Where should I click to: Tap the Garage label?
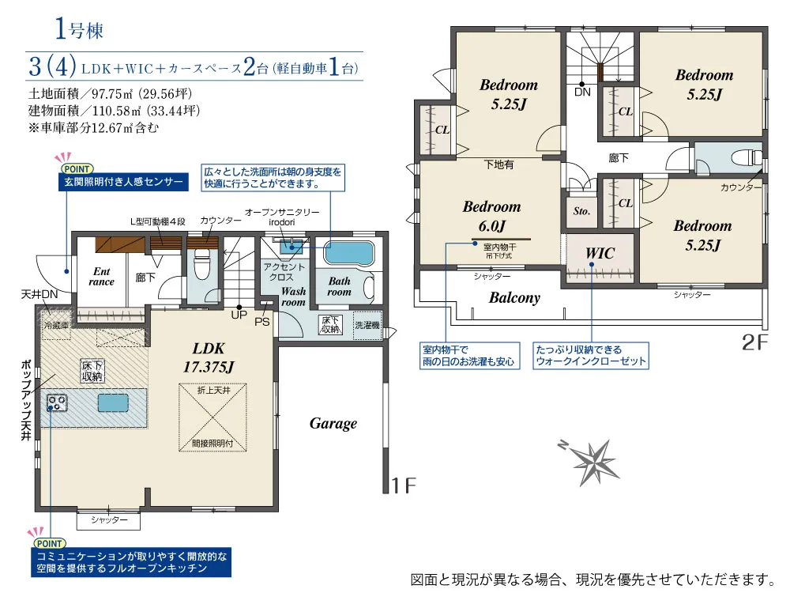click(333, 424)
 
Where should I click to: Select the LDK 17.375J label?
click(209, 357)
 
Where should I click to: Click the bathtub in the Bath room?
click(348, 253)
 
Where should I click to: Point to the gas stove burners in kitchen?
click(56, 403)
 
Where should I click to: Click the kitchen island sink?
click(113, 403)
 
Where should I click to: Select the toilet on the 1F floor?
click(202, 264)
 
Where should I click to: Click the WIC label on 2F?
click(600, 253)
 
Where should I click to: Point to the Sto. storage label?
click(581, 211)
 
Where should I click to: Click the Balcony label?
click(514, 297)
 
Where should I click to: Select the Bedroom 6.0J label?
click(491, 217)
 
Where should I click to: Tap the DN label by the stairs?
click(582, 93)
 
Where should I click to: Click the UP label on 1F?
click(239, 315)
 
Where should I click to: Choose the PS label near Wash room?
click(262, 322)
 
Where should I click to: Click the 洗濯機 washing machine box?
click(367, 325)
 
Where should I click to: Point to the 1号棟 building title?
click(79, 30)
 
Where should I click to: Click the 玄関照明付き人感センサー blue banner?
click(123, 182)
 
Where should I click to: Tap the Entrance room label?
click(101, 277)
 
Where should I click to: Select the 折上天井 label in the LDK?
click(213, 391)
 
